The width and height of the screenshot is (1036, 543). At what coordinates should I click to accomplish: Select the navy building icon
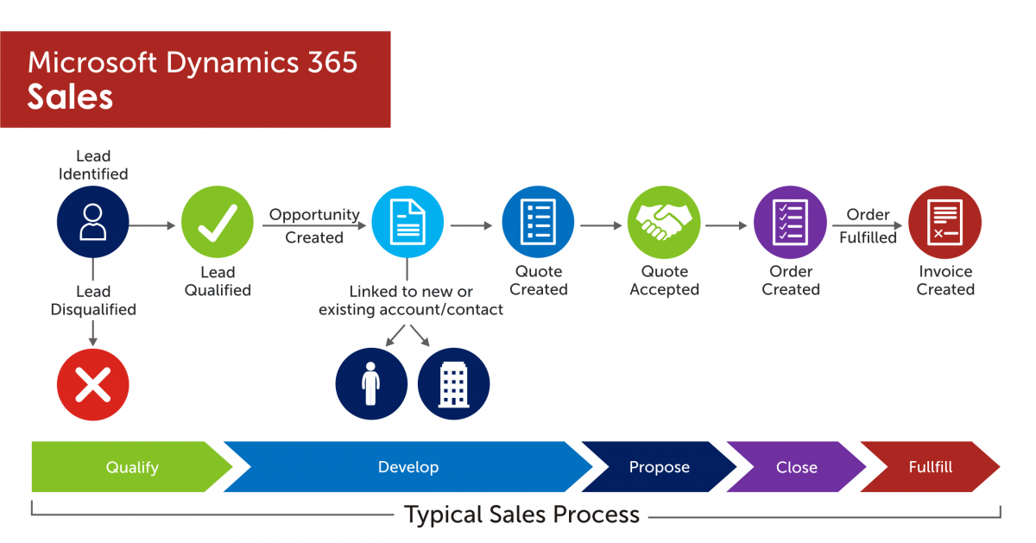453,383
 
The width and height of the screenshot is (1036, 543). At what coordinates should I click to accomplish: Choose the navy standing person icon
371,383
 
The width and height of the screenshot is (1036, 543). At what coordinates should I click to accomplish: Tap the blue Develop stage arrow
408,467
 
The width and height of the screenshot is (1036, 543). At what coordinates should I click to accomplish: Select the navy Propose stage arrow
659,467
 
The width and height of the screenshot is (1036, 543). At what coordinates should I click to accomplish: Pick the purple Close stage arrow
796,467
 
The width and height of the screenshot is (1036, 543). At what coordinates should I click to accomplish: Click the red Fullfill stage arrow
930,467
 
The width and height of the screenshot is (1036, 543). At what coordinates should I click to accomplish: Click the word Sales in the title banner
70,97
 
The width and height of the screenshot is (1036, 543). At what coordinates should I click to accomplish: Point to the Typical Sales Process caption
521,515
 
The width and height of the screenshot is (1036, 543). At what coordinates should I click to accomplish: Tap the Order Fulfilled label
868,225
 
